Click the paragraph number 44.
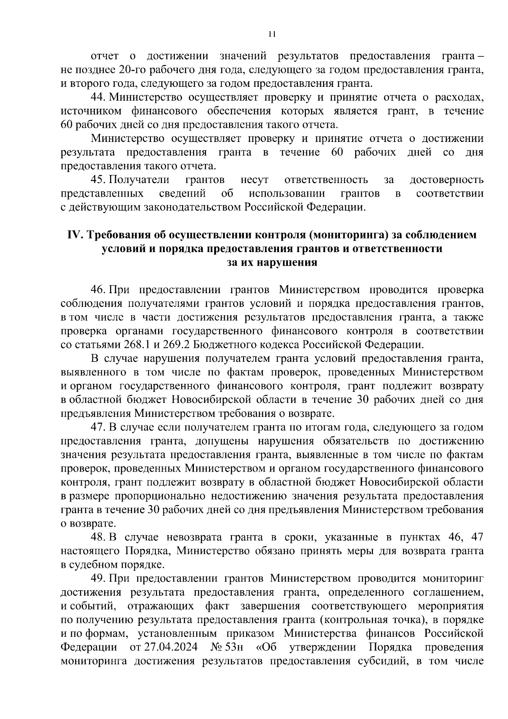(x=98, y=97)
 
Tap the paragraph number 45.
(x=98, y=180)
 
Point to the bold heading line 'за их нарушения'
(x=272, y=262)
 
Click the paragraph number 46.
(x=98, y=290)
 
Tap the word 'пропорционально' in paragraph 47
(x=159, y=496)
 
